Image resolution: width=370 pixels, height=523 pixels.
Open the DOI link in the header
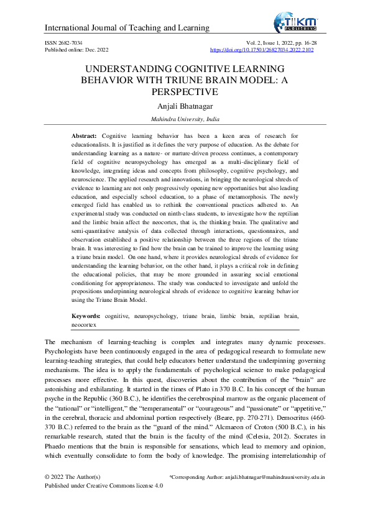click(262, 49)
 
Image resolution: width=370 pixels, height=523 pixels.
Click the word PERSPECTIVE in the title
click(185, 92)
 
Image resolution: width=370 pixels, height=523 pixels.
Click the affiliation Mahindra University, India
click(185, 119)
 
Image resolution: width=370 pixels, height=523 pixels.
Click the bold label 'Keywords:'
click(87, 316)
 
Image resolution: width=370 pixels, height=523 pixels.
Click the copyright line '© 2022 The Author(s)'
click(73, 477)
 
